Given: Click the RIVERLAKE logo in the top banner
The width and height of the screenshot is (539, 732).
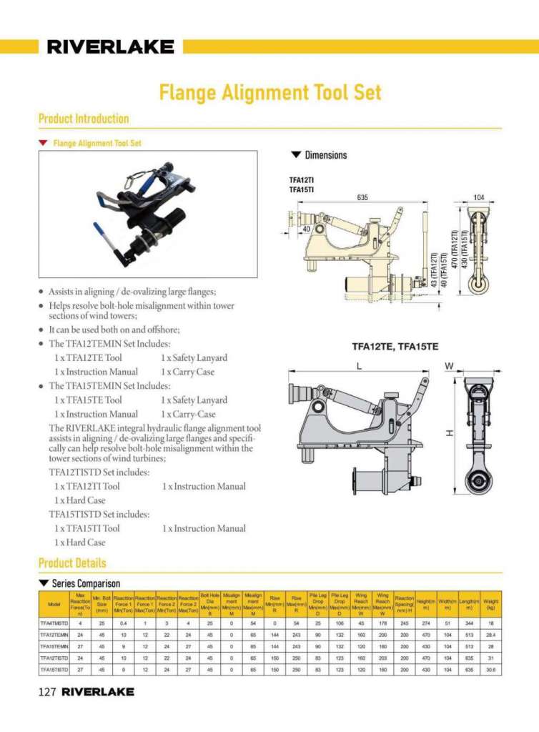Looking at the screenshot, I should [110, 47].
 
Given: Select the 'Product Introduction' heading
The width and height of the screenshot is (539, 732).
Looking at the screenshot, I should [84, 119].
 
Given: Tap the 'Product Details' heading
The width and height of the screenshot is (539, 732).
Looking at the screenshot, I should [72, 563].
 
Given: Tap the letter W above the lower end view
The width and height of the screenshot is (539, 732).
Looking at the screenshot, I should [449, 365].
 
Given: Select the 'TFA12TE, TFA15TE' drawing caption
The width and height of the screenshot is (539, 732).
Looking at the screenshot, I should [395, 347].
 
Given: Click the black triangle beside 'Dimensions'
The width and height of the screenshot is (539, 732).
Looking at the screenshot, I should [296, 155].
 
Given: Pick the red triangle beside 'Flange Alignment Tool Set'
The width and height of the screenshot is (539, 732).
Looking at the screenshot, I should [44, 143].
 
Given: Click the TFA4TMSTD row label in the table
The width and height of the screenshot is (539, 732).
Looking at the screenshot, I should [54, 624].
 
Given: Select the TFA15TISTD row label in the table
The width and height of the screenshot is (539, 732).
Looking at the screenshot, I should [54, 670].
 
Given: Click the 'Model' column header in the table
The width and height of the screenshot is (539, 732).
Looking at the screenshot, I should [54, 605].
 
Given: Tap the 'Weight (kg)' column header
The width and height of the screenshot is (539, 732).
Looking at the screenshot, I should [490, 605].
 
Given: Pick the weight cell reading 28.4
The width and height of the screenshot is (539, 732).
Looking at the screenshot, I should [490, 635].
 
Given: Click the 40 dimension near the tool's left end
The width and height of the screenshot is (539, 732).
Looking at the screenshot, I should [306, 229].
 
